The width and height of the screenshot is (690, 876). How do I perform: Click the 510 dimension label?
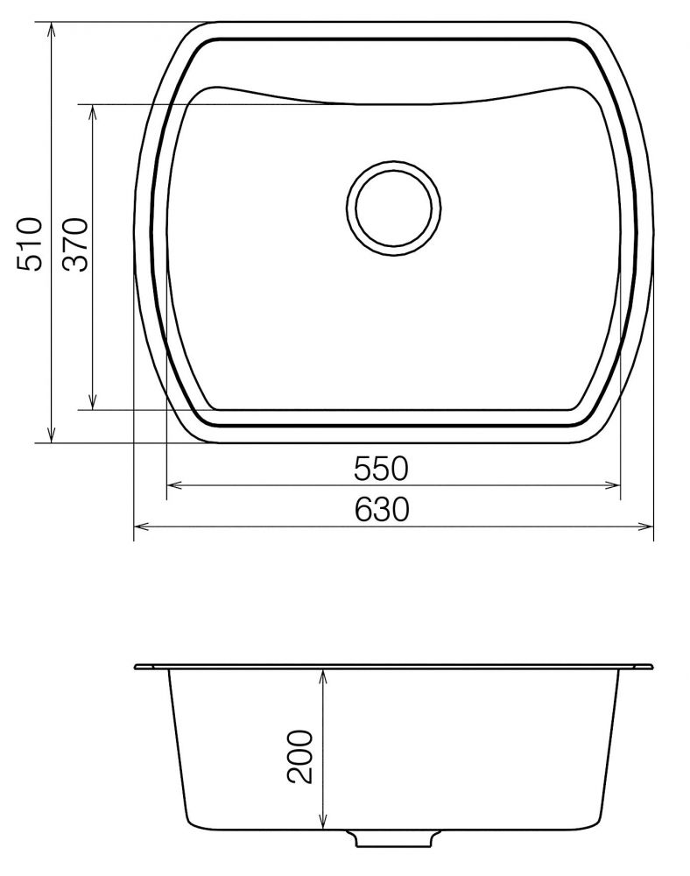click(29, 244)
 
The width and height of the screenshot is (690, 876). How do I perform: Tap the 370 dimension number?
click(75, 244)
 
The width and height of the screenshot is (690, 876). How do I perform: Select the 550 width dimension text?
click(381, 469)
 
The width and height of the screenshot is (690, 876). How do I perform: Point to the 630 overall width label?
click(382, 509)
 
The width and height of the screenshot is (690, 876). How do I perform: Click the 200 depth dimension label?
click(299, 756)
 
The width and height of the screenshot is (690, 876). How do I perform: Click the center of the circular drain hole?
click(393, 208)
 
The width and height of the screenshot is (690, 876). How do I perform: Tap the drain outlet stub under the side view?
click(393, 837)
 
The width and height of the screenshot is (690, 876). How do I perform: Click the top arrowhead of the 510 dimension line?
click(52, 29)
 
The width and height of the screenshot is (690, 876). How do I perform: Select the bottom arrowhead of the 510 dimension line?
click(52, 436)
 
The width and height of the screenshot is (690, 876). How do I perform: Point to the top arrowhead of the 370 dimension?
click(93, 110)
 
